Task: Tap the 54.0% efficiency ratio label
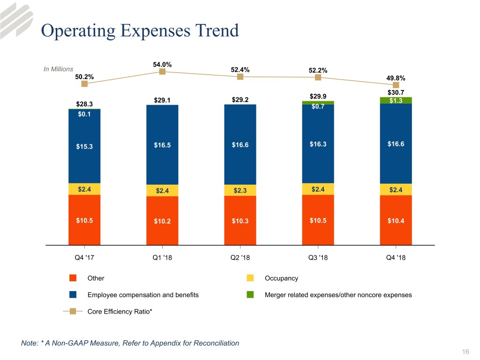click(x=162, y=64)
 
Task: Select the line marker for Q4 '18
click(x=396, y=85)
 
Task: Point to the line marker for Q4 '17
click(x=84, y=84)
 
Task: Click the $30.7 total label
click(x=396, y=92)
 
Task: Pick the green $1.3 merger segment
click(x=396, y=100)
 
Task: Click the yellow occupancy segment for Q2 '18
click(x=240, y=190)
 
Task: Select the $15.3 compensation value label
click(x=84, y=146)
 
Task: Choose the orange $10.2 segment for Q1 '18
click(x=162, y=221)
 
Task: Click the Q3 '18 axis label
click(x=318, y=257)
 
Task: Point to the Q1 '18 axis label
click(x=162, y=257)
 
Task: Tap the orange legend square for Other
click(x=73, y=278)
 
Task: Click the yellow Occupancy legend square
click(x=250, y=278)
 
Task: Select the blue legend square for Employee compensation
click(x=73, y=295)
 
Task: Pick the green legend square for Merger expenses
click(x=250, y=295)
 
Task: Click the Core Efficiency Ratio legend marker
click(x=73, y=312)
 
